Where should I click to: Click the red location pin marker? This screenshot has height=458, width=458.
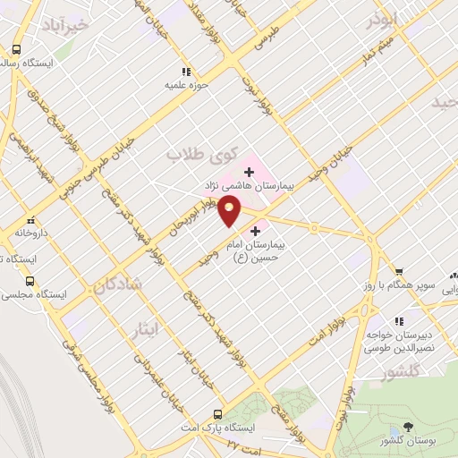click(x=230, y=210)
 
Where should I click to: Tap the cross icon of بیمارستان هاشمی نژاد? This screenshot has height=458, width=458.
click(x=249, y=170)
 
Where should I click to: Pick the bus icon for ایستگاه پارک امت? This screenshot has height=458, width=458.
click(x=217, y=413)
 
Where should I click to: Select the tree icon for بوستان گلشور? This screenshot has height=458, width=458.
click(x=409, y=428)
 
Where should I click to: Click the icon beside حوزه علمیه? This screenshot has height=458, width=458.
click(x=185, y=71)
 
